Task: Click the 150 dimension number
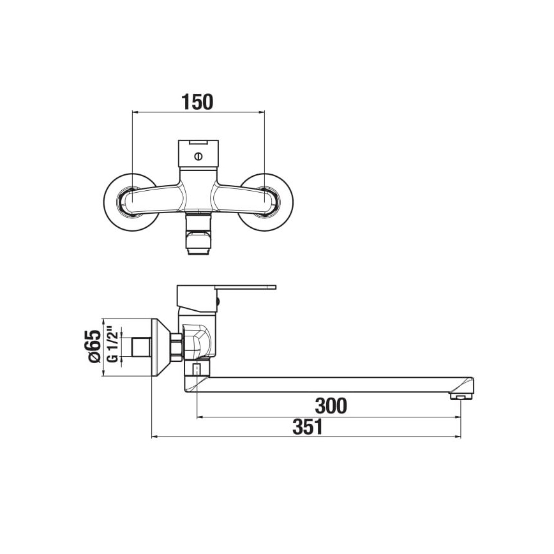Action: click(x=197, y=101)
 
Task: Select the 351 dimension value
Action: click(x=307, y=427)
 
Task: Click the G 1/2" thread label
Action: click(x=112, y=347)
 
